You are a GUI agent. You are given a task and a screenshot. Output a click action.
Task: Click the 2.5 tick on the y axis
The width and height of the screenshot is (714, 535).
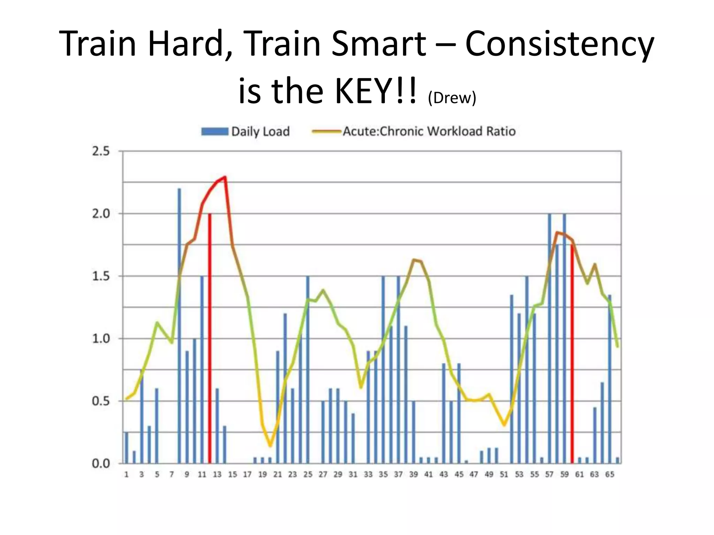coord(100,151)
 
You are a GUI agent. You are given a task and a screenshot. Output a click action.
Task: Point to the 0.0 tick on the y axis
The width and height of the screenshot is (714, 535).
coord(100,464)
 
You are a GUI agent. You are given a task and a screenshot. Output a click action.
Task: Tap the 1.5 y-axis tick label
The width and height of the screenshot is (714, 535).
coord(100,276)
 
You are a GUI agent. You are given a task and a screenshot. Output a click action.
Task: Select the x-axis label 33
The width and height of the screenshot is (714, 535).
coord(368,474)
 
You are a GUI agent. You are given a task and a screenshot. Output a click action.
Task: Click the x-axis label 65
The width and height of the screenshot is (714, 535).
coord(609,474)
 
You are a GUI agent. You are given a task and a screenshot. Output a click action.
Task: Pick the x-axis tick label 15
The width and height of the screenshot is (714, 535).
coord(232,474)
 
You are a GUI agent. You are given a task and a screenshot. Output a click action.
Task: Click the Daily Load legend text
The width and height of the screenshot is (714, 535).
coord(260,131)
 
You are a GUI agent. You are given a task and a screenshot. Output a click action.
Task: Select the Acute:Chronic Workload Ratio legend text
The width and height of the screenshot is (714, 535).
coord(429,131)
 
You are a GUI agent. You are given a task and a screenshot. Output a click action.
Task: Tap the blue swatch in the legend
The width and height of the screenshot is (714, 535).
coord(215,131)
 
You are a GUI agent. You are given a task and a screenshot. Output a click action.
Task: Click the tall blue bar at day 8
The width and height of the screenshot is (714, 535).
coord(180,327)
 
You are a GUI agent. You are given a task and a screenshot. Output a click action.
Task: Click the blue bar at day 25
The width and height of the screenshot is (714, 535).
coord(307,369)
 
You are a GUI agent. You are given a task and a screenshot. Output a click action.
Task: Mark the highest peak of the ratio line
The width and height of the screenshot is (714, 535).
coord(225,177)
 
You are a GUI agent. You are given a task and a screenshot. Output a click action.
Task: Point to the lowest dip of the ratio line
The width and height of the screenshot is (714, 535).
coord(270,446)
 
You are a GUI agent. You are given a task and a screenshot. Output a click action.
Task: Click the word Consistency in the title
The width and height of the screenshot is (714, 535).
coord(560,44)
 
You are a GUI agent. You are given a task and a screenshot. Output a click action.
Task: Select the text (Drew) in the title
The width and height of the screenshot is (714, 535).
coord(452,98)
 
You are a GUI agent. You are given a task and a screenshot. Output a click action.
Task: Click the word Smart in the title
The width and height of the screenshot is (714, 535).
coord(379,44)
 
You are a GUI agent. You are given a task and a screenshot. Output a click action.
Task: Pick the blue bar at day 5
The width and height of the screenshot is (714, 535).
coord(157,426)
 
